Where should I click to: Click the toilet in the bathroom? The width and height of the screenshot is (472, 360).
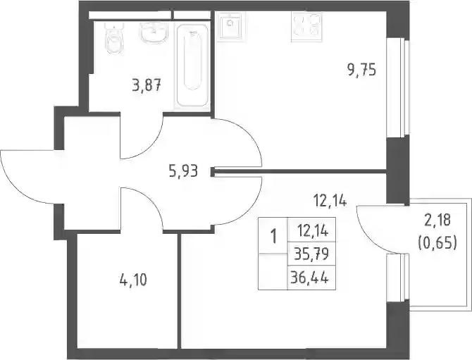click(114, 37)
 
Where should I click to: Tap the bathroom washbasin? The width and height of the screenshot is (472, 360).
click(154, 32)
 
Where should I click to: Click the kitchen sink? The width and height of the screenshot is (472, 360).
click(231, 27)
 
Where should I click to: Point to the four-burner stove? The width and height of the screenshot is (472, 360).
click(306, 27)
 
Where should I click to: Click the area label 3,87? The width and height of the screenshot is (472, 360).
click(147, 85)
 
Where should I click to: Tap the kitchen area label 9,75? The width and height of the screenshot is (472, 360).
click(361, 70)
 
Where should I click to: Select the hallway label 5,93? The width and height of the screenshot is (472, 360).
click(183, 172)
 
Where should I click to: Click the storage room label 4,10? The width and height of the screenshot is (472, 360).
click(133, 280)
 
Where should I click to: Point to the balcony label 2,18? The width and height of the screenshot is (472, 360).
click(437, 220)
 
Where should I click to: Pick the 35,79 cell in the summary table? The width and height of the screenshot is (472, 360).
click(312, 254)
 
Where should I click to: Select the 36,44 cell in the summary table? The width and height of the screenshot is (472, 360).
click(312, 278)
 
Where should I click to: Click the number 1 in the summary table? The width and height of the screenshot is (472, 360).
click(273, 236)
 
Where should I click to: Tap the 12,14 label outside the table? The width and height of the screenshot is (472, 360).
click(330, 201)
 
